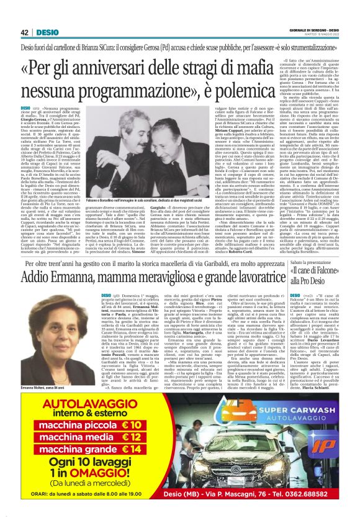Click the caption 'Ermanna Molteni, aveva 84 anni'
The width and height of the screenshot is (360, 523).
coord(44,370)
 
